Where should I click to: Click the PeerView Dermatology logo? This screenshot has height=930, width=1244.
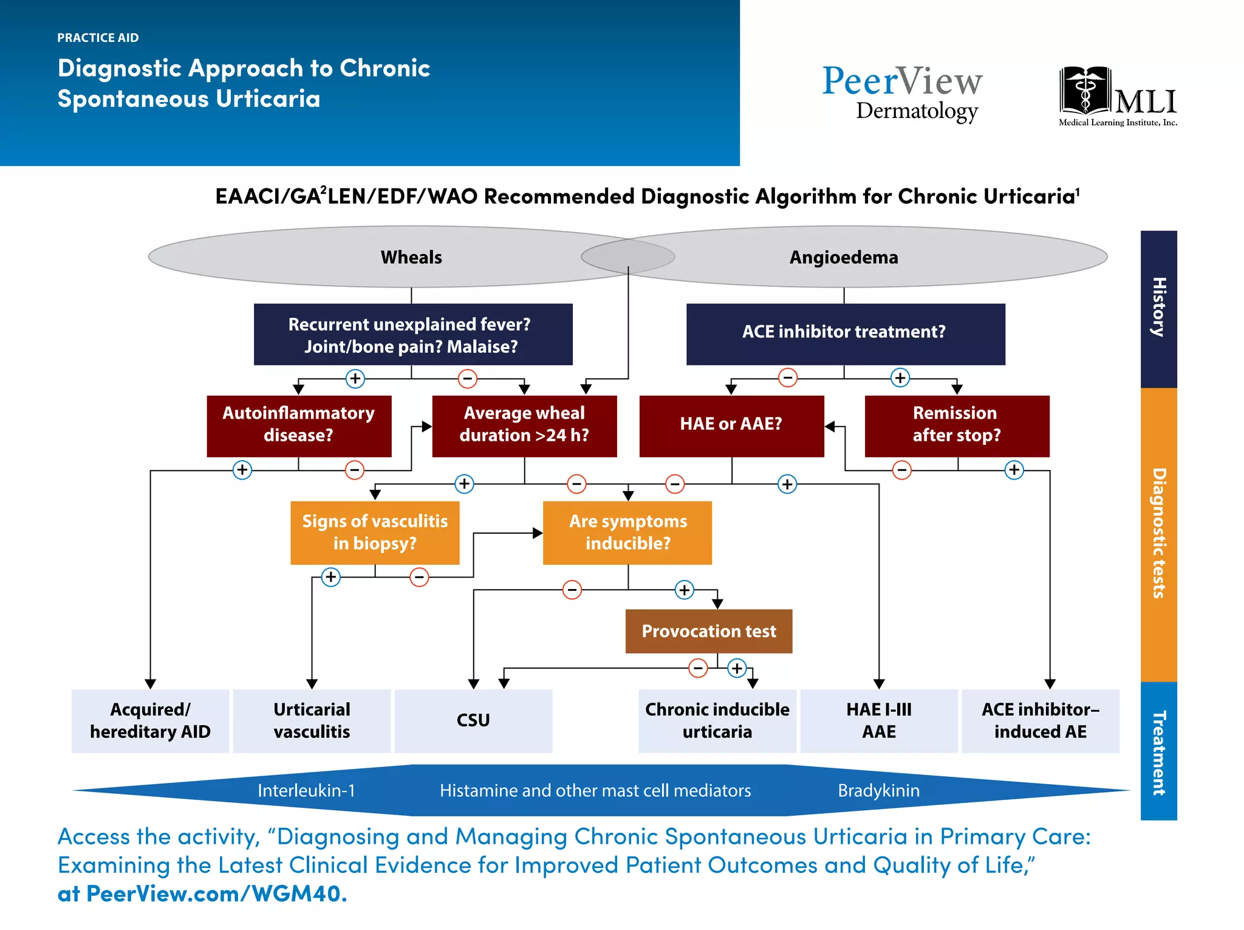pyautogui.click(x=902, y=92)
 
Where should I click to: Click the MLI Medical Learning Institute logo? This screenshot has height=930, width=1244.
pyautogui.click(x=1118, y=96)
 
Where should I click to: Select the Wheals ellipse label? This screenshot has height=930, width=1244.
pyautogui.click(x=411, y=257)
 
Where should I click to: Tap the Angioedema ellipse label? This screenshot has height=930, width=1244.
pyautogui.click(x=843, y=257)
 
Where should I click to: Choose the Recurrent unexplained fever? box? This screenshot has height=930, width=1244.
pyautogui.click(x=412, y=334)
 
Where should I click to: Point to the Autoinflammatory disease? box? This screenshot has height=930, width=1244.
pyautogui.click(x=299, y=425)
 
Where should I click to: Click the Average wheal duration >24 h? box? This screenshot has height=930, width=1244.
pyautogui.click(x=524, y=425)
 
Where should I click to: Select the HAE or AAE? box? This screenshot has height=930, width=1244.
pyautogui.click(x=731, y=425)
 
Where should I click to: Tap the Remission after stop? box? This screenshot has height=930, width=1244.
pyautogui.click(x=957, y=425)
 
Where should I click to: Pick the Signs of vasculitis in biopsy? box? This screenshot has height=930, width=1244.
pyautogui.click(x=375, y=532)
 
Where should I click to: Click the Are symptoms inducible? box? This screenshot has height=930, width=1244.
pyautogui.click(x=627, y=532)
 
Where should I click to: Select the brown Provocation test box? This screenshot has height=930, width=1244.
pyautogui.click(x=709, y=631)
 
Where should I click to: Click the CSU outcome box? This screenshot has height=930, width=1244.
pyautogui.click(x=473, y=721)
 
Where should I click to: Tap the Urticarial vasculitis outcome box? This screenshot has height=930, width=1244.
pyautogui.click(x=312, y=721)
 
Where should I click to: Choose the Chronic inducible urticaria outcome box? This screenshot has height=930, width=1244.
pyautogui.click(x=717, y=721)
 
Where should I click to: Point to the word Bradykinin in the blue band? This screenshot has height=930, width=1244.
pyautogui.click(x=878, y=790)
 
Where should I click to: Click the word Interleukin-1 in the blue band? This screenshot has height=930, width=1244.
pyautogui.click(x=306, y=790)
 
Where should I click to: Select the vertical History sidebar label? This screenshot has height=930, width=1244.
pyautogui.click(x=1158, y=308)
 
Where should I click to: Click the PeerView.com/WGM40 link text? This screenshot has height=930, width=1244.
pyautogui.click(x=216, y=894)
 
